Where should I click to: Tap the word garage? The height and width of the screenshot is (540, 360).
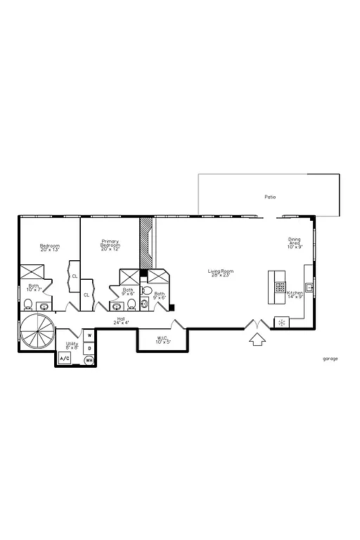coord(330,359)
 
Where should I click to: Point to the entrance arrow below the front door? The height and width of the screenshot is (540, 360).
coord(257,341)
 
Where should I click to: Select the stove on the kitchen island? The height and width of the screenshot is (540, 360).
coord(281,287)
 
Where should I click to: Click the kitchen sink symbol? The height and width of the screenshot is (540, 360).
coord(309,286)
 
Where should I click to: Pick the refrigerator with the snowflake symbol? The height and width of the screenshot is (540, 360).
coord(281,323)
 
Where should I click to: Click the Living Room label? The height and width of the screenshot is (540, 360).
coord(220,273)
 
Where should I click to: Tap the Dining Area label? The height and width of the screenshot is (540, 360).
coord(294,243)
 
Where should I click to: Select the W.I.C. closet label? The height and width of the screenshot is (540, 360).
coord(163,340)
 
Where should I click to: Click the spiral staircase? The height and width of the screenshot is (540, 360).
coord(35,331)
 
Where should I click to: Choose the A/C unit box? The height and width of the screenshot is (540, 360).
coord(65,359)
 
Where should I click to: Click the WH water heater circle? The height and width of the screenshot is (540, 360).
coord(89,360)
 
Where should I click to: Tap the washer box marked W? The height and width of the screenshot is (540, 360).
coord(89,335)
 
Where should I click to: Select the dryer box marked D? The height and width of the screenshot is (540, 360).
coord(89,347)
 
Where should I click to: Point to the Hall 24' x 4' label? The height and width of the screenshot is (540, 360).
coord(122,321)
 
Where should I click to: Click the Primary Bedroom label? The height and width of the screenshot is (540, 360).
coord(110,245)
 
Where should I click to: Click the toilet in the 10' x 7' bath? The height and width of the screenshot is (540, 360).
coord(28,304)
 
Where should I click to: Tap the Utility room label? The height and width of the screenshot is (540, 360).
coord(72,345)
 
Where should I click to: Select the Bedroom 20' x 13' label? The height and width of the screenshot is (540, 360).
coord(49,247)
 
